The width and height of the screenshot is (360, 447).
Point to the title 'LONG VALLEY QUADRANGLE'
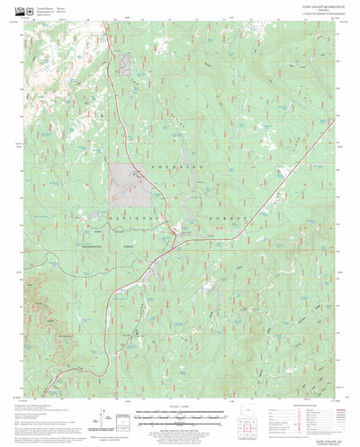pos(300,6)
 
